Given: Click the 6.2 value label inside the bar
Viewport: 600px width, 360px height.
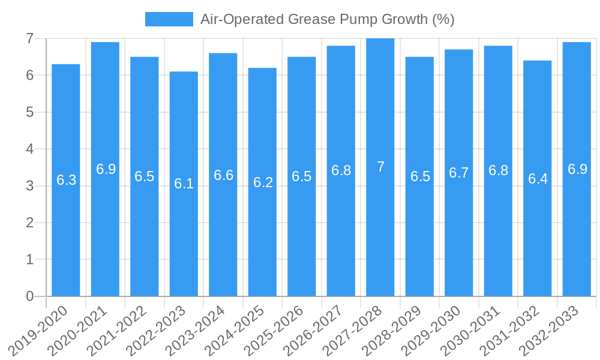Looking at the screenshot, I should coord(263,182).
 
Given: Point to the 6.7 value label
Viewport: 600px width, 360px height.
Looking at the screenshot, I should coord(459,173).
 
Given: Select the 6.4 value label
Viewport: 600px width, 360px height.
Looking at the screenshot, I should coord(538,179).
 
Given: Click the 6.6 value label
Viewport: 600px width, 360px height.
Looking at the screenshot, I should coord(223,175).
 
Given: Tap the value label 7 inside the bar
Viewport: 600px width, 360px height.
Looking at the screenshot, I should coord(380,167).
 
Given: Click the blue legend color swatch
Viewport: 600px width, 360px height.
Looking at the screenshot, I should coord(169,19).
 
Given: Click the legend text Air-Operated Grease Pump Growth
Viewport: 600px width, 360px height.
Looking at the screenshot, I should coord(327,19).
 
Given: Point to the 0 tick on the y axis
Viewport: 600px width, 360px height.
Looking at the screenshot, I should coord(31,296).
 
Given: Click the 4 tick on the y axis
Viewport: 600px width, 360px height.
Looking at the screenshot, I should coord(31,149).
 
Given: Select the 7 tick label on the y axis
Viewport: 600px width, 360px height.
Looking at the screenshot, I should coord(31,38).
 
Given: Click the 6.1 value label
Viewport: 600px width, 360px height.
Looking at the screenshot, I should coord(184,184).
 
